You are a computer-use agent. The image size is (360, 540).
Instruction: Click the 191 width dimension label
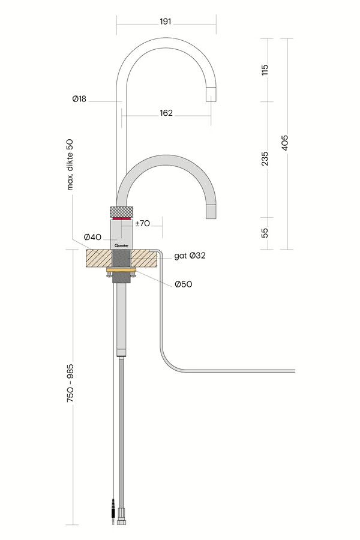tap(166, 22)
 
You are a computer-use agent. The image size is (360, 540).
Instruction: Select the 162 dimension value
tap(166, 113)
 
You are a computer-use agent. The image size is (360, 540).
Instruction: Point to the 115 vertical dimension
tap(265, 70)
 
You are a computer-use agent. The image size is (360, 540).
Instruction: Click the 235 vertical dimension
tap(265, 158)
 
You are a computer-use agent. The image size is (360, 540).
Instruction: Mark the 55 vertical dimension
tap(265, 232)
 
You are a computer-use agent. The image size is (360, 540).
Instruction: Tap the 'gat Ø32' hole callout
tap(190, 256)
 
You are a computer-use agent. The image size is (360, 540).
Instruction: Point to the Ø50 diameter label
tap(183, 284)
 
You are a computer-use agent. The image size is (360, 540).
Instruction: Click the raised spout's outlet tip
tap(211, 94)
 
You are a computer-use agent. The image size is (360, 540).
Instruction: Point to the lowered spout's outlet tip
tap(211, 212)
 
